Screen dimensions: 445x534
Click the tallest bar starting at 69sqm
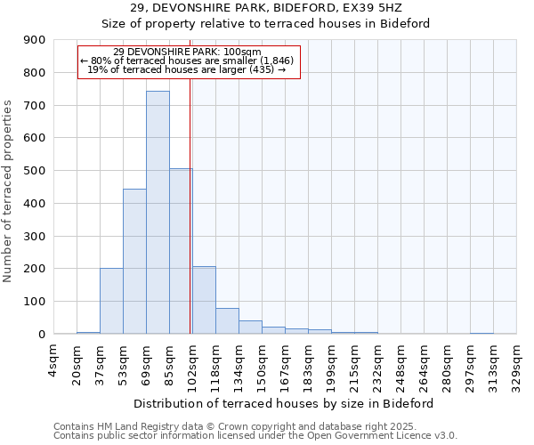[x=158, y=213]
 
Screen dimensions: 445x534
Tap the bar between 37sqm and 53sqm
[x=111, y=301]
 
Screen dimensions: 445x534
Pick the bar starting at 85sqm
[x=181, y=251]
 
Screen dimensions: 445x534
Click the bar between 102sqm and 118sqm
[x=204, y=300]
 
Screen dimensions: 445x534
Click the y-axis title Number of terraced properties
[x=8, y=191]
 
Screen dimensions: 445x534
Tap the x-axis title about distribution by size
[x=284, y=403]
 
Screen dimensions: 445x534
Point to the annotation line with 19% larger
[x=187, y=69]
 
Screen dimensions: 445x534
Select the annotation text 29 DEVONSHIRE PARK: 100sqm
[x=187, y=52]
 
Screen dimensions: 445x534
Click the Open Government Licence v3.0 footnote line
[x=255, y=436]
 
